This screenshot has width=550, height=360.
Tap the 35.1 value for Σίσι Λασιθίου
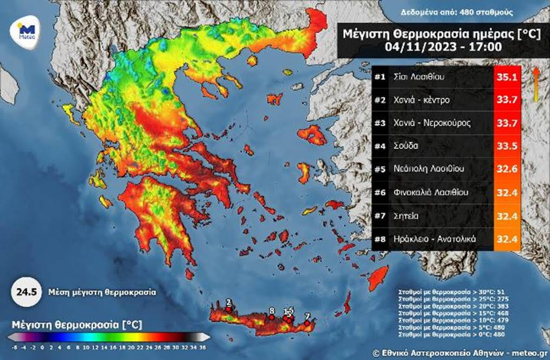click(x=508, y=78)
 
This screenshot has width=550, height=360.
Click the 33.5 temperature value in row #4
click(x=508, y=146)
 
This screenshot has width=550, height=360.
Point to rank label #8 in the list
click(x=380, y=239)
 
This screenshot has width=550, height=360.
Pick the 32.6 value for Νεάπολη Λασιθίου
click(x=508, y=169)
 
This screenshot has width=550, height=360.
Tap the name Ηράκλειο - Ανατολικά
click(x=434, y=239)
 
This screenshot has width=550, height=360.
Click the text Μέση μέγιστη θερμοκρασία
click(x=102, y=292)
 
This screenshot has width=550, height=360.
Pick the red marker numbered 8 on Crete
click(x=272, y=317)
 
